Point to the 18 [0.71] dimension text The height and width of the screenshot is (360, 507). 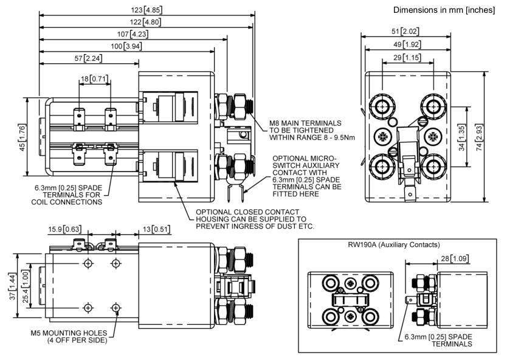point(94,78)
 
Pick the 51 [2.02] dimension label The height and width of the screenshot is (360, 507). point(407,30)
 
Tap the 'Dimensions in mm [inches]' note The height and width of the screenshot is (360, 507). point(448,10)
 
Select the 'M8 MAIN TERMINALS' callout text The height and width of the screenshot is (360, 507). point(305,123)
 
